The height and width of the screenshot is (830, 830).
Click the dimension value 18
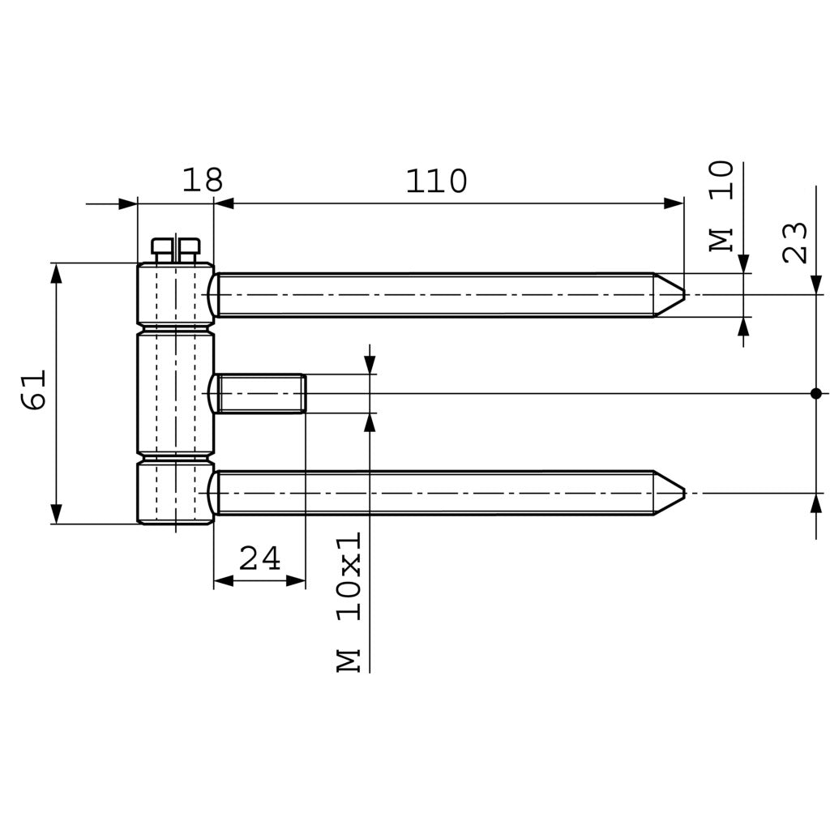[202, 180]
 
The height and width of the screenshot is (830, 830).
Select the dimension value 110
[436, 182]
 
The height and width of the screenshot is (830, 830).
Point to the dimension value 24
[259, 558]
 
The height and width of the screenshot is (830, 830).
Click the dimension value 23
[796, 242]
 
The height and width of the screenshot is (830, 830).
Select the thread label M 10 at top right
[721, 206]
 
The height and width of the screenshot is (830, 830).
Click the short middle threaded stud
[259, 393]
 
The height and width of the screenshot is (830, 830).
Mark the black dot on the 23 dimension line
[815, 393]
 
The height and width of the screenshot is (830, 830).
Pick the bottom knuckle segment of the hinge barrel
[175, 493]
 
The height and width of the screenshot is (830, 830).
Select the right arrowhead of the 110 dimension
[674, 203]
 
